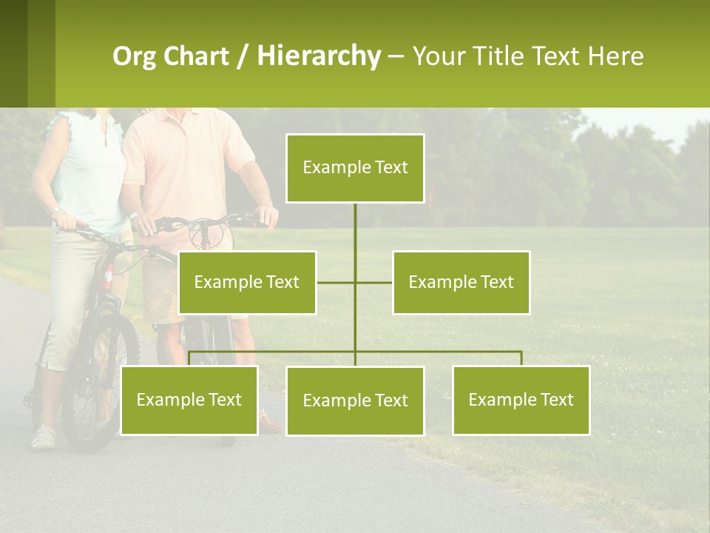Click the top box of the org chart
[355, 168]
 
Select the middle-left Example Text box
[247, 282]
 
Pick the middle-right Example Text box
[461, 282]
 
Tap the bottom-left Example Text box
[189, 400]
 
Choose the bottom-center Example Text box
[355, 400]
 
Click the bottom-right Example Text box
[521, 400]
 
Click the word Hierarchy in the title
[319, 56]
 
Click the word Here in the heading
[615, 56]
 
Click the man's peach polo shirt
[185, 163]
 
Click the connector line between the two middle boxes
[355, 282]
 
